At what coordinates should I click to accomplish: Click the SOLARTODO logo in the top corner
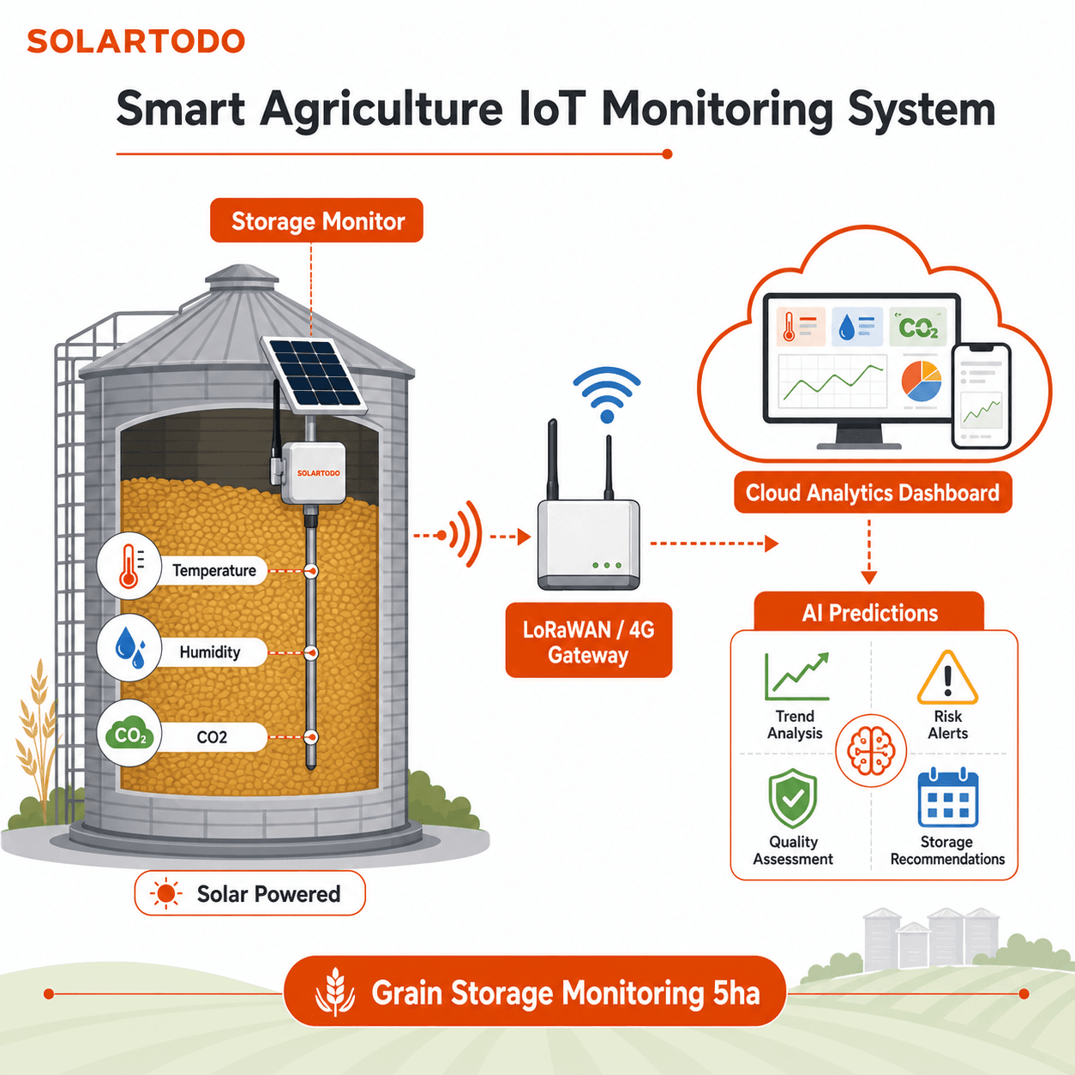[x=135, y=41]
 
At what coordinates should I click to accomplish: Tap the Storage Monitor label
[x=316, y=220]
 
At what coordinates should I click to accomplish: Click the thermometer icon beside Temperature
[x=129, y=567]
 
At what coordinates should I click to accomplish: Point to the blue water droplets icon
[x=129, y=648]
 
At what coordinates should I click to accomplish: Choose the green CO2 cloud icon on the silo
[x=129, y=733]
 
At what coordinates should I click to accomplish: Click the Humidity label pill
[x=210, y=652]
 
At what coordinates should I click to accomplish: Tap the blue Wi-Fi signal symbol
[x=607, y=394]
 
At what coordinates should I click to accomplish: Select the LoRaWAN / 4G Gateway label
[x=589, y=640]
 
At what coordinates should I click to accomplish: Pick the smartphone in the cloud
[x=982, y=395]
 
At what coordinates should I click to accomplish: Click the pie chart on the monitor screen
[x=921, y=381]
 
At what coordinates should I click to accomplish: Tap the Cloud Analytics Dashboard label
[x=873, y=493]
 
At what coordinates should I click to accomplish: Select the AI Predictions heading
[x=869, y=613]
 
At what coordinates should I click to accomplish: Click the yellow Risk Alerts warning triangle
[x=947, y=677]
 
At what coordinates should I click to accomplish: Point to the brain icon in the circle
[x=871, y=750]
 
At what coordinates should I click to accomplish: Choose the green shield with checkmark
[x=793, y=798]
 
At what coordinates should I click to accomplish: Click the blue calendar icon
[x=948, y=797]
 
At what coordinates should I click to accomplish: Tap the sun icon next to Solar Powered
[x=165, y=894]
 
